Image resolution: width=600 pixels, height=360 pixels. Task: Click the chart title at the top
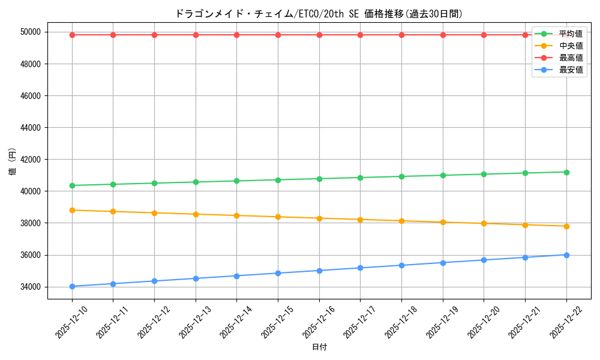point(319,14)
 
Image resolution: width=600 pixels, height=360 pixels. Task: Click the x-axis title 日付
point(319,347)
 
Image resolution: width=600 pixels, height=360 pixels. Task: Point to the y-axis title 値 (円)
point(13,161)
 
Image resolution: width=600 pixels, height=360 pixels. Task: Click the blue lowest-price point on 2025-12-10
point(72,286)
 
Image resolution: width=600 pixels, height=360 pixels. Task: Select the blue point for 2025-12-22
point(566,255)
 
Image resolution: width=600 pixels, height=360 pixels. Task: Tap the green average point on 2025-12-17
point(360,178)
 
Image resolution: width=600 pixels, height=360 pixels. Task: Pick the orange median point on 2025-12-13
point(196,214)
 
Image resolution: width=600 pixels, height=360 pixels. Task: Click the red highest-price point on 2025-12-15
point(278,35)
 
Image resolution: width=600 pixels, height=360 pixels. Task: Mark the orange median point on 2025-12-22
point(566,226)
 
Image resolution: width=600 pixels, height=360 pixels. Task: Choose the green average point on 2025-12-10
point(72,185)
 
